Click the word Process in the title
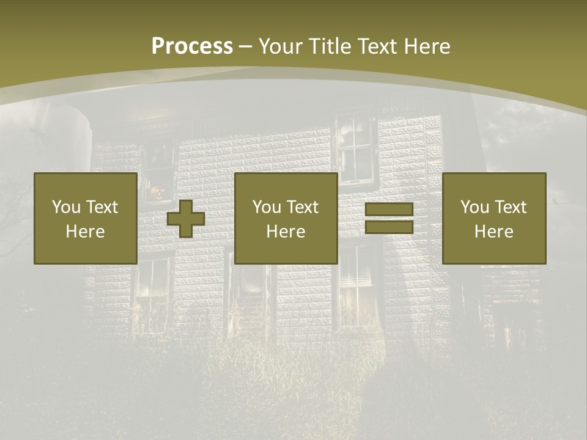click(192, 46)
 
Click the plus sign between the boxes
click(186, 219)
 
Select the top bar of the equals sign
click(389, 210)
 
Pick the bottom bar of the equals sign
click(389, 227)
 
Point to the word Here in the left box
click(85, 232)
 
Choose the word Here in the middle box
click(286, 232)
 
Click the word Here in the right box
click(493, 232)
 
